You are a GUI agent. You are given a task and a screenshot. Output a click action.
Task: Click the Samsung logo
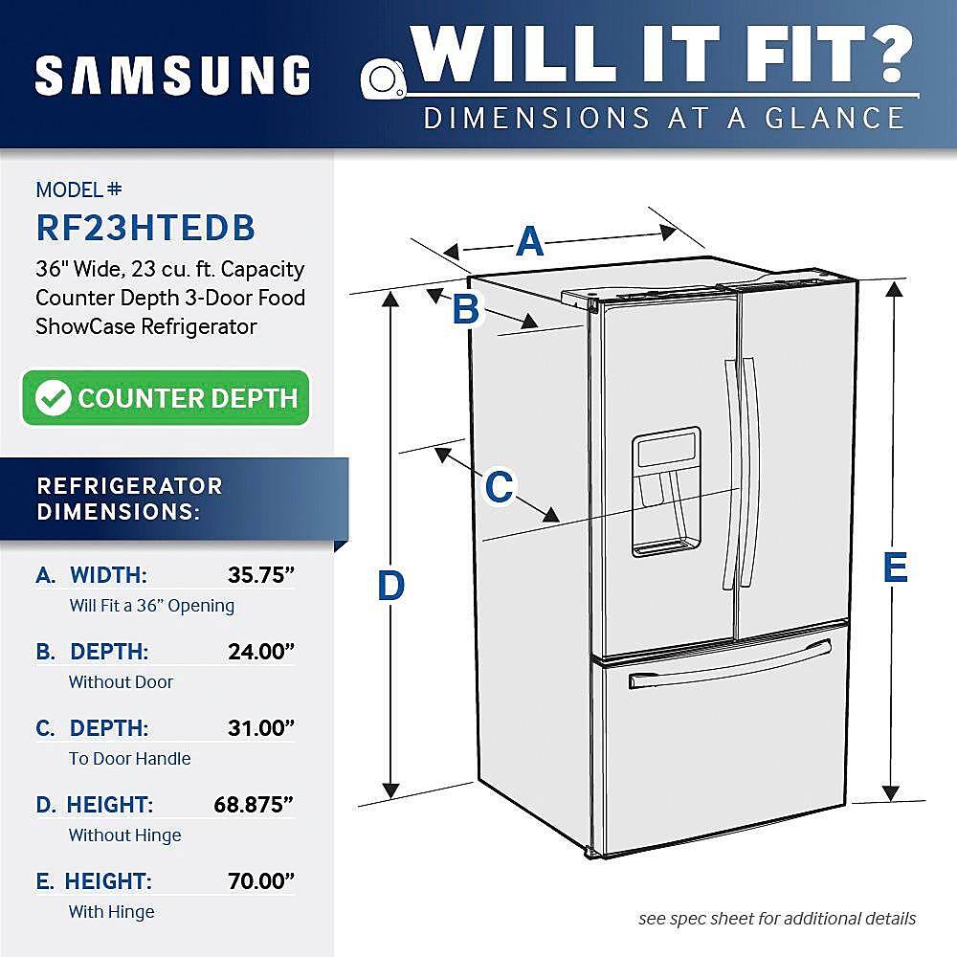(172, 76)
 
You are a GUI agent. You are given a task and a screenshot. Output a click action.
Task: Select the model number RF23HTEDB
(145, 227)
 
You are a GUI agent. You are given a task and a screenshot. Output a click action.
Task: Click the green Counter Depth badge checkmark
(53, 398)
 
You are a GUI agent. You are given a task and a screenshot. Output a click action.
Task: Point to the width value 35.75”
(260, 575)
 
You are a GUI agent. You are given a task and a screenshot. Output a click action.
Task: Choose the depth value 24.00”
(260, 652)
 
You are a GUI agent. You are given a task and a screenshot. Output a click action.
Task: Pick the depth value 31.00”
(260, 728)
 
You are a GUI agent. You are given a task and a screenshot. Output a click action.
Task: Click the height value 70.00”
(260, 881)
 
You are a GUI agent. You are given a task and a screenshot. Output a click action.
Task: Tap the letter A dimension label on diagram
(529, 242)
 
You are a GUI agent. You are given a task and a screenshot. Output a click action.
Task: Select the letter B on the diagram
(465, 309)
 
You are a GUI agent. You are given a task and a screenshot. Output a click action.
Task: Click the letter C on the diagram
(499, 487)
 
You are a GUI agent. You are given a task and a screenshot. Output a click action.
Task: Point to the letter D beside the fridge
(390, 586)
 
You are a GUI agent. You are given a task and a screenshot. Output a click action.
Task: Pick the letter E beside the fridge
(894, 568)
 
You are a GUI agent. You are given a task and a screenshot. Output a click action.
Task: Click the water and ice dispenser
(665, 491)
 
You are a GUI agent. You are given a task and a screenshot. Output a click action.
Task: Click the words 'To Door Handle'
(129, 759)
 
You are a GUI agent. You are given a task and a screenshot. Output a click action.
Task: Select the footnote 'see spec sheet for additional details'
(777, 919)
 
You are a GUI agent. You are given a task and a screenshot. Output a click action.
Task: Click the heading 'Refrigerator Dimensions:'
(129, 498)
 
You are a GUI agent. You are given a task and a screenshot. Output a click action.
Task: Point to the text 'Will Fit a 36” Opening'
(151, 606)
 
